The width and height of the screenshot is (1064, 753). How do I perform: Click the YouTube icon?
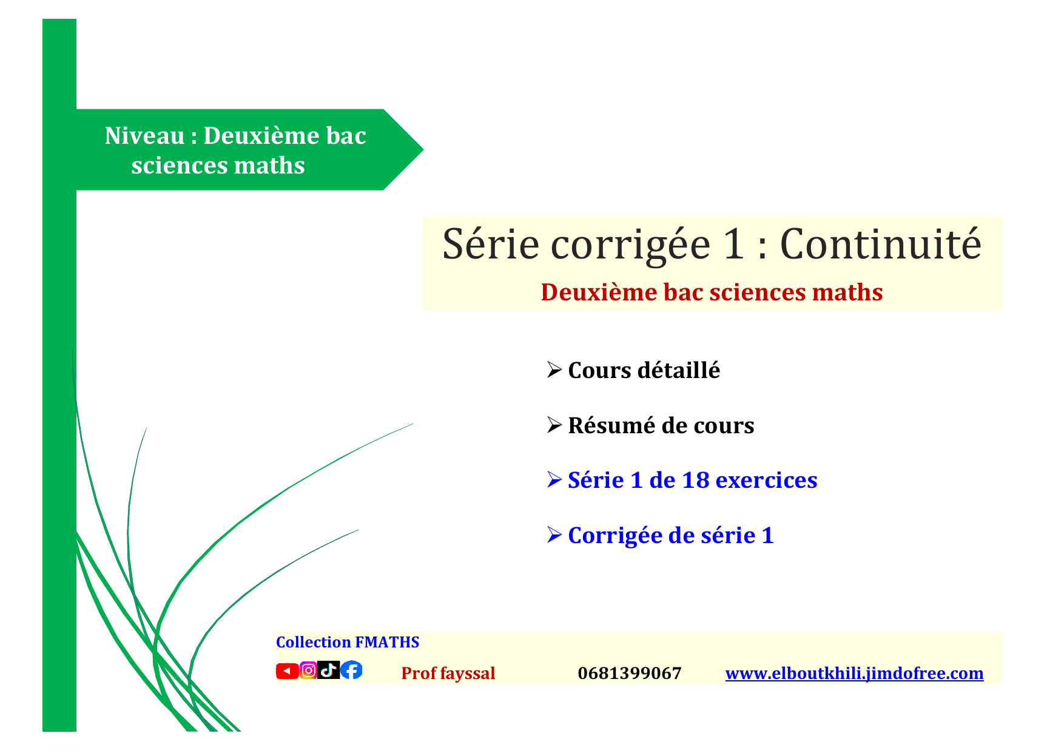click(287, 670)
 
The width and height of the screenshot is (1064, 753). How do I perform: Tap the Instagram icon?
click(308, 670)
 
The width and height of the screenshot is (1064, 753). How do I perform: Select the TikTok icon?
click(328, 670)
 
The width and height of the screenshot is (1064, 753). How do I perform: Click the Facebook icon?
click(351, 670)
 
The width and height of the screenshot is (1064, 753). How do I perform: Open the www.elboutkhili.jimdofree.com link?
click(854, 673)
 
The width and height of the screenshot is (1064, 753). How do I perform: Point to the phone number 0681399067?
click(630, 673)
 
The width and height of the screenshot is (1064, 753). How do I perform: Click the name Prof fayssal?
click(448, 673)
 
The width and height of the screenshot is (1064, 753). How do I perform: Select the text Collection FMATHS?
click(348, 642)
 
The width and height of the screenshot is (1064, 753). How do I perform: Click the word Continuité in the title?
click(880, 244)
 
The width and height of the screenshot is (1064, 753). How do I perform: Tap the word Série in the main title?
click(491, 244)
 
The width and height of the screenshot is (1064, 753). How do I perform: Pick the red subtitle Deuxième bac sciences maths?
click(712, 292)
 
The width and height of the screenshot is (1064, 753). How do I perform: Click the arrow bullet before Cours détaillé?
click(554, 370)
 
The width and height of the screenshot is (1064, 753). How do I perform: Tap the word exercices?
click(767, 480)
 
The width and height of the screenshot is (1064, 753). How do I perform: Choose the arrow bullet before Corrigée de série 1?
click(554, 535)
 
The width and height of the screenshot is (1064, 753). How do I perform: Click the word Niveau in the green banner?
click(144, 135)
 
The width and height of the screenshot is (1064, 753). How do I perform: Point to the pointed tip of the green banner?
click(423, 149)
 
